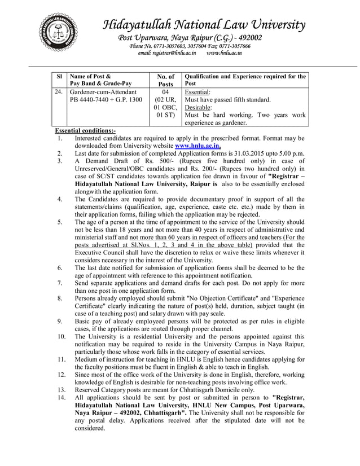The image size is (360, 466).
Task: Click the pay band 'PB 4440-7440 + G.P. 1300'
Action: coord(106,100)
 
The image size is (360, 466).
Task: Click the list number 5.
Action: coord(59,222)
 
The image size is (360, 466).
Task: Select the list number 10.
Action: coord(62,336)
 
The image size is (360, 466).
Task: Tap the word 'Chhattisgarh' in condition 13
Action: coord(197,390)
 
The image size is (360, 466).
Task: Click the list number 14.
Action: coord(62,397)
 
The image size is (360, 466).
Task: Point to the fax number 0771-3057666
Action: coord(229,45)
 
